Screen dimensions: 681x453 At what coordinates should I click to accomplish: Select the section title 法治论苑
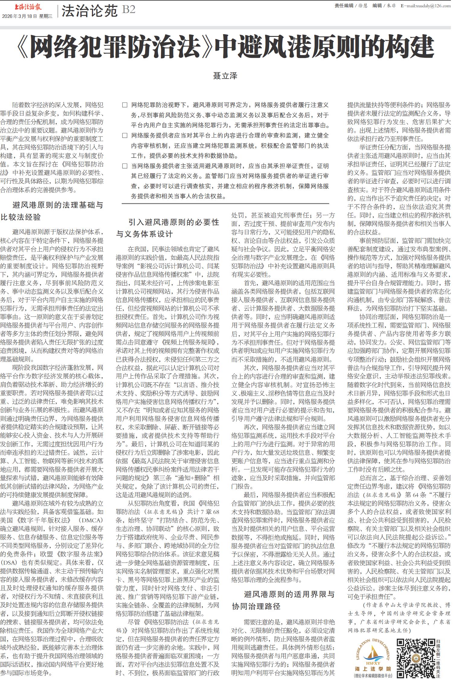89,11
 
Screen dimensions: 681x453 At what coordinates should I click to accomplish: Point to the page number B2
129,10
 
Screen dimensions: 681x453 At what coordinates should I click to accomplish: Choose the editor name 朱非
391,6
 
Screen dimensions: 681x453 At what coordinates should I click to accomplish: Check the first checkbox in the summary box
125,105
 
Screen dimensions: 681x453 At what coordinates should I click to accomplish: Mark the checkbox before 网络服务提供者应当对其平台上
125,136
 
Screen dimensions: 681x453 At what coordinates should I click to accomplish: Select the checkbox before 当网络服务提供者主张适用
125,166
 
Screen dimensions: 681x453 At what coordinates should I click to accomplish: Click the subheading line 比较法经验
21,217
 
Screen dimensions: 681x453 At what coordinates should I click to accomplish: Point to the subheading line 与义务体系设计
144,234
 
